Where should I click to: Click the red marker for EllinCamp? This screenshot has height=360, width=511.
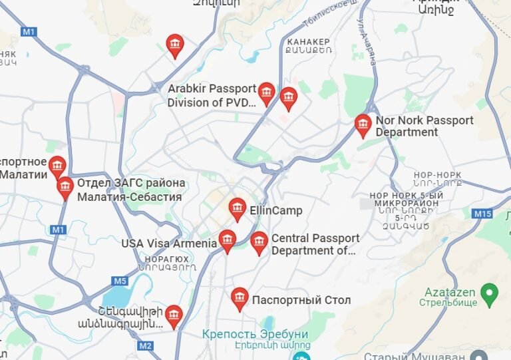237,208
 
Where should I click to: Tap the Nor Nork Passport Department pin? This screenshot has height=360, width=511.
363,124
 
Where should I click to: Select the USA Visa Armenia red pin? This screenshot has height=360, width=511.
228,240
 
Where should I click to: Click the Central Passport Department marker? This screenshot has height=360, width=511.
259,242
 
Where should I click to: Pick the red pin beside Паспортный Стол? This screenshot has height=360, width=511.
240,298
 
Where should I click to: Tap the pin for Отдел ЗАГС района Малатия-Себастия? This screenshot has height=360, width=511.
65,187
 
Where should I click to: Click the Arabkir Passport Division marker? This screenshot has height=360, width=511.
266,93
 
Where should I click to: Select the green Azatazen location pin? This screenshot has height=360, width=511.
490,291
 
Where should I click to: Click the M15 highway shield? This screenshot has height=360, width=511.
482,214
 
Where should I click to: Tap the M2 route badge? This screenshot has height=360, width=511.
146,345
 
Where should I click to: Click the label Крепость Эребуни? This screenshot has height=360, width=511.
255,334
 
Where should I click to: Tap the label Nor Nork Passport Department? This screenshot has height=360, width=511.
425,126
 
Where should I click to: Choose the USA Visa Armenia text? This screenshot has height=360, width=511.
169,244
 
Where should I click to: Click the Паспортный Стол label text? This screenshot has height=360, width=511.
301,300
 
